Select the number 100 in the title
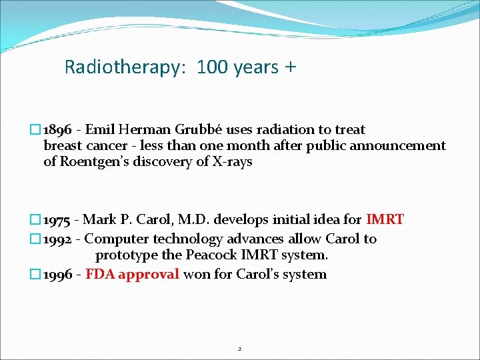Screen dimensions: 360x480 pos(213,67)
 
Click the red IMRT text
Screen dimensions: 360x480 pos(385,219)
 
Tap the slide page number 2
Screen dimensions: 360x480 pos(240,349)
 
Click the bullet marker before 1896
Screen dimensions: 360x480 pos(37,130)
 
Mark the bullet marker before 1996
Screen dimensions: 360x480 pos(37,275)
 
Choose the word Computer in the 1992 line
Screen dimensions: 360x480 pos(117,239)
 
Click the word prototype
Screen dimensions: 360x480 pos(125,256)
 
